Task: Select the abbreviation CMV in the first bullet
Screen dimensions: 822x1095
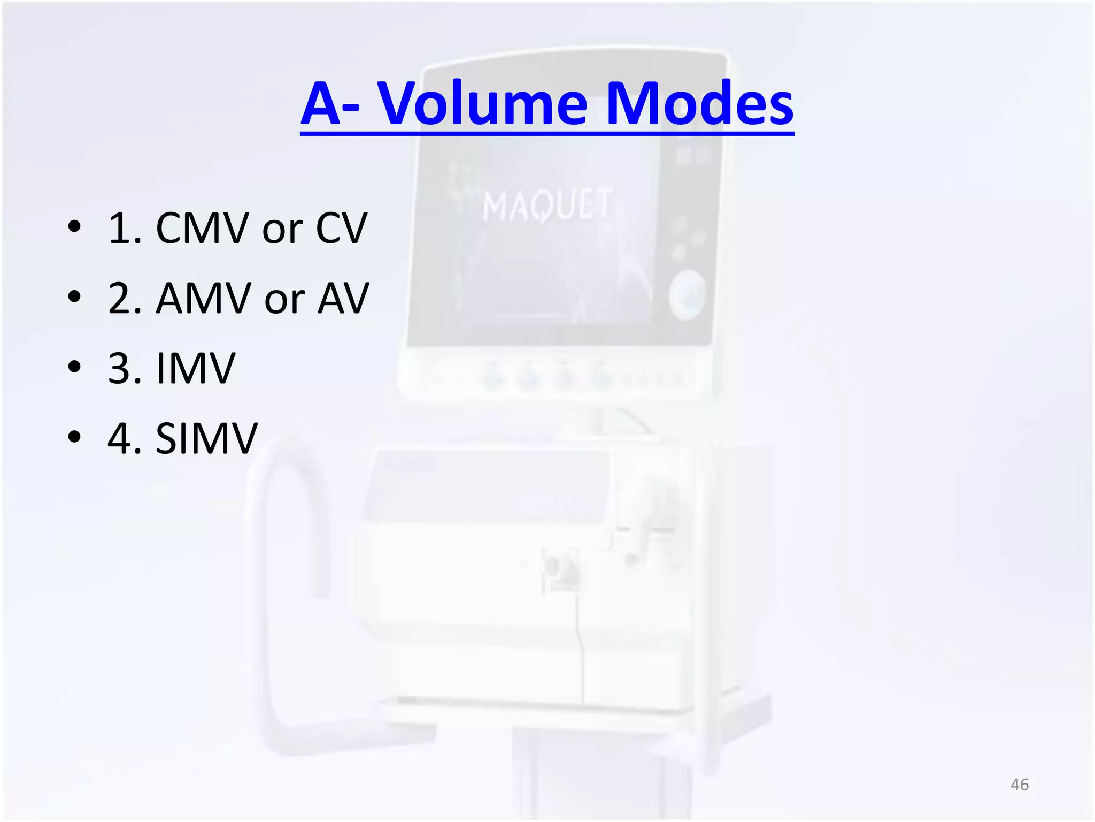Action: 203,229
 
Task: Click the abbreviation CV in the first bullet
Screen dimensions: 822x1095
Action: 341,229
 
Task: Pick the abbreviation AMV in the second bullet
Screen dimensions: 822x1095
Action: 203,299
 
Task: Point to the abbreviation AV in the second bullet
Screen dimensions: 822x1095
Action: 343,299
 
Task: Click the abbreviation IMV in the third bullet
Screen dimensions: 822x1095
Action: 195,369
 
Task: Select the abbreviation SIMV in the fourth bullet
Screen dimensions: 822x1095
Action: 206,439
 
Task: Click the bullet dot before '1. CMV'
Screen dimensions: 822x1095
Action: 74,226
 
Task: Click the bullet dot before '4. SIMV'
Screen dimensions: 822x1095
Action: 74,437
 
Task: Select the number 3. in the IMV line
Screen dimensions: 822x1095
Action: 125,369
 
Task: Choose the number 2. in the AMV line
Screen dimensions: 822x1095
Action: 125,299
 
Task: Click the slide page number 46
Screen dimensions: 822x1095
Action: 1019,785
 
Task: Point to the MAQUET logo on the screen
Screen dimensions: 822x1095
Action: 546,205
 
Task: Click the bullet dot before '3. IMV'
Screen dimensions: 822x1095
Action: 74,367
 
